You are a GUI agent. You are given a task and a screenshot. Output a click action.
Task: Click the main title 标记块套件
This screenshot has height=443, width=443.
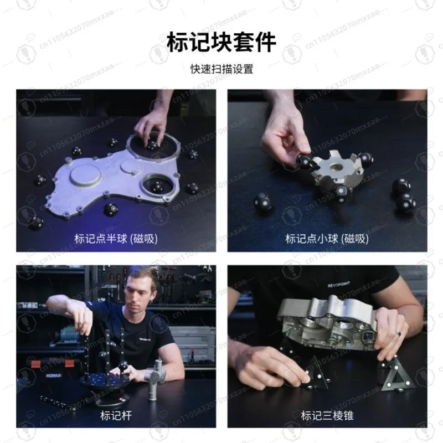tap(221, 42)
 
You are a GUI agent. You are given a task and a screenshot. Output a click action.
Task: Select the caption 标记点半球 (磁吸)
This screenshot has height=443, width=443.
tap(116, 239)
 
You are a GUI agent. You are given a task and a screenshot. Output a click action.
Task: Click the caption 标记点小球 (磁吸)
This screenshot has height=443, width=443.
tap(327, 239)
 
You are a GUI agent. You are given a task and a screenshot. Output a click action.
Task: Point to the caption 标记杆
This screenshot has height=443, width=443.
tap(116, 415)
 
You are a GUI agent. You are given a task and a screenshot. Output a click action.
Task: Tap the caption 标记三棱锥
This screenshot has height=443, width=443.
tap(327, 415)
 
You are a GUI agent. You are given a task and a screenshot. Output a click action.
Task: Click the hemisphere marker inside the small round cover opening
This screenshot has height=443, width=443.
tap(157, 189)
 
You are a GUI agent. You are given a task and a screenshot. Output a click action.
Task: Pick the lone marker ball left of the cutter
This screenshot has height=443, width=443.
tap(263, 202)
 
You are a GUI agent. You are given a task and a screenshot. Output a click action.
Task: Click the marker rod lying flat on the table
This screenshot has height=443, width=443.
tap(57, 403)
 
